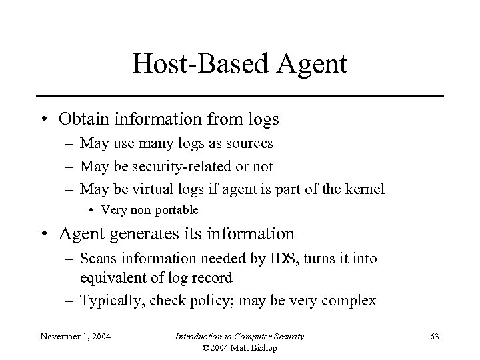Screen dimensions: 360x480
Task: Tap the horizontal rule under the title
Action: (240, 97)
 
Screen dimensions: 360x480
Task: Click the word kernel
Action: (364, 189)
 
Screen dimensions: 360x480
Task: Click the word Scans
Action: (98, 257)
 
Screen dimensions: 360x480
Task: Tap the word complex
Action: (353, 301)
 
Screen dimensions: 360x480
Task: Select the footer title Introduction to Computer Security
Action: (239, 336)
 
